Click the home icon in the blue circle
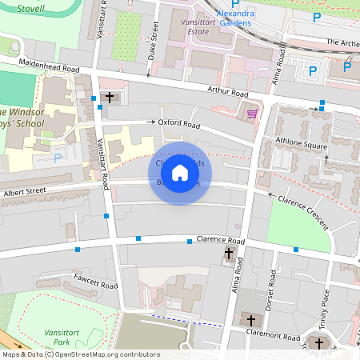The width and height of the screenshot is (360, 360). [180, 173]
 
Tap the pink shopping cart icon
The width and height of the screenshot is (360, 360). [253, 114]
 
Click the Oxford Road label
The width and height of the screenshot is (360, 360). [178, 124]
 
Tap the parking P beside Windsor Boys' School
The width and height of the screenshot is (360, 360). [58, 158]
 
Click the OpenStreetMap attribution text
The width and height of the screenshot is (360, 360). [81, 354]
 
